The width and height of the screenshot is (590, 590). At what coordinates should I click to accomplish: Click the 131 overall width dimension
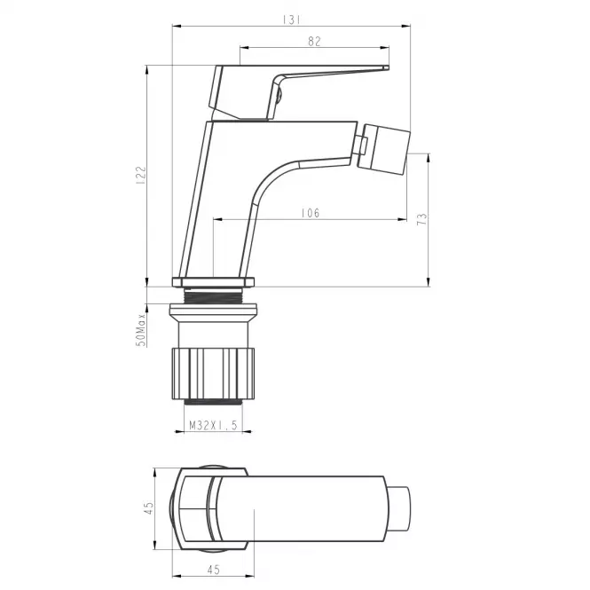point(292,20)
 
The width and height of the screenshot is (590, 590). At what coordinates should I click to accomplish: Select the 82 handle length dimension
point(314,42)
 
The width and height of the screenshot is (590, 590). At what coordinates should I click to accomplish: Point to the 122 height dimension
point(141,175)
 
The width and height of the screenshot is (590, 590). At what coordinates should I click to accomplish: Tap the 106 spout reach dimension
point(311,213)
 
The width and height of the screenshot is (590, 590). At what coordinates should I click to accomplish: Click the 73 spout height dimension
point(422,219)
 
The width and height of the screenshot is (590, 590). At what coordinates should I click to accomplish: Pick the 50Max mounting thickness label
point(141,330)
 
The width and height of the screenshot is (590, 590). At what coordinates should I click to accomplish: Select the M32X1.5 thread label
point(213,425)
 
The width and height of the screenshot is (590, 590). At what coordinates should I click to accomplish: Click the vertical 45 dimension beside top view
point(149,508)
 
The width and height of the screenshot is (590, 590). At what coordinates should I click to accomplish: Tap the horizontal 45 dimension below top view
point(213,570)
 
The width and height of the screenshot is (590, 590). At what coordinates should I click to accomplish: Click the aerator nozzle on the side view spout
point(383,150)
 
